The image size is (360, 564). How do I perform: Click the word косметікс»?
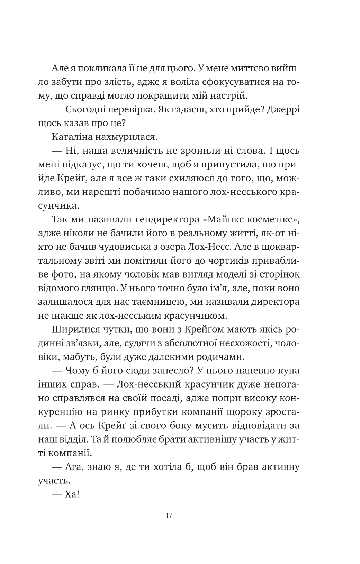(273, 220)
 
